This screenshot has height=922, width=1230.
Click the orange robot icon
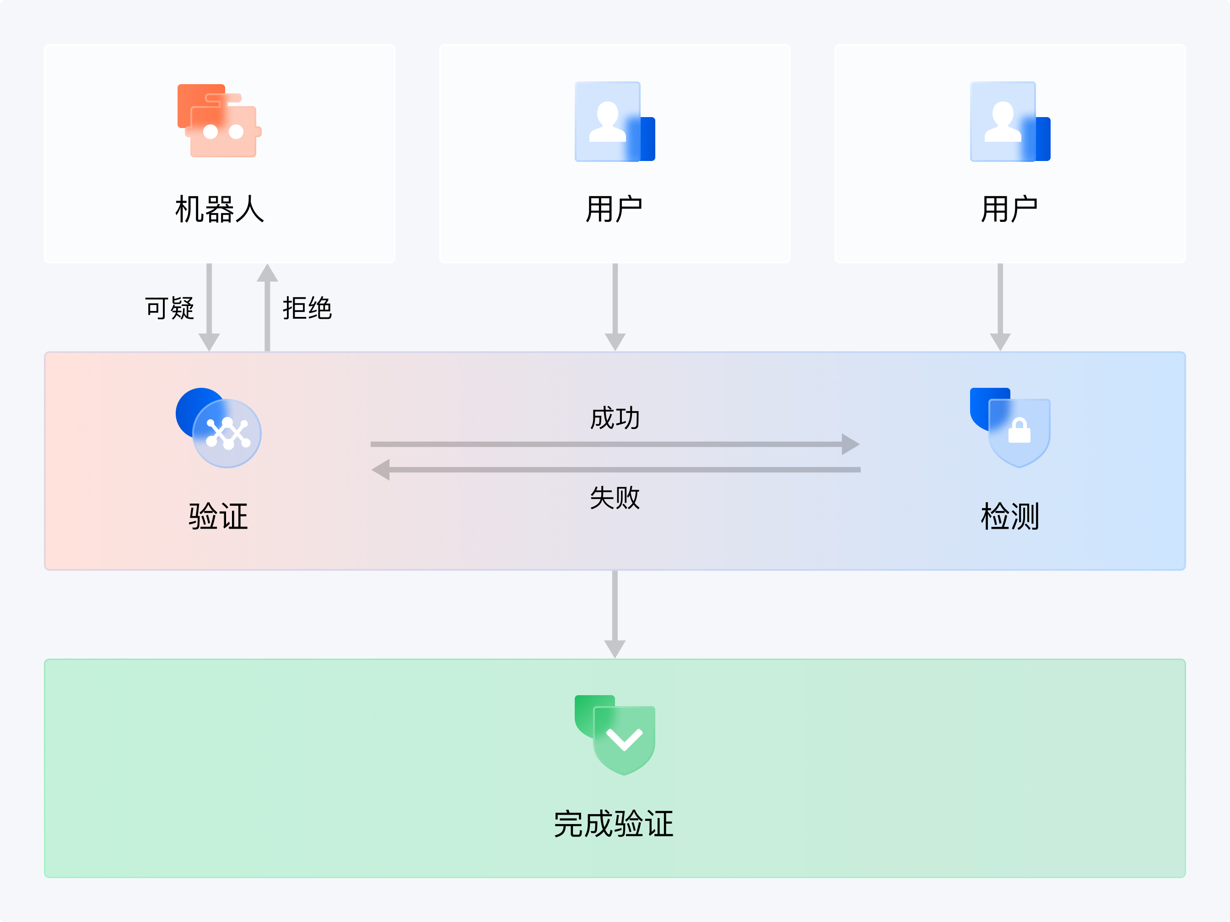tap(219, 121)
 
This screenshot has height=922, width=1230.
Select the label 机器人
tap(219, 209)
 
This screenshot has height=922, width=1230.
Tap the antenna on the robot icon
tap(223, 99)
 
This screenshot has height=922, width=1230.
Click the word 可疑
tap(170, 308)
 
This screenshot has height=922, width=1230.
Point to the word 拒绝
tap(307, 308)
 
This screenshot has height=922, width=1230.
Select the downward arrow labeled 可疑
tap(209, 307)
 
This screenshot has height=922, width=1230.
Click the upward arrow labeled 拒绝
tap(268, 307)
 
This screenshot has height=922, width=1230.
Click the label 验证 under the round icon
tap(219, 516)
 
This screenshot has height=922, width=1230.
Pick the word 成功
tap(615, 418)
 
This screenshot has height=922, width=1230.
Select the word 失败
tap(615, 498)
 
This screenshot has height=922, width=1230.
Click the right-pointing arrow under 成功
tap(615, 444)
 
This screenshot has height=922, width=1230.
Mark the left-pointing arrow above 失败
tap(615, 470)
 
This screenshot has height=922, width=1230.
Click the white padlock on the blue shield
tap(1019, 431)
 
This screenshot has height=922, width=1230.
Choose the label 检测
tap(1010, 516)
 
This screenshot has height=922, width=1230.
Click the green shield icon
tap(615, 734)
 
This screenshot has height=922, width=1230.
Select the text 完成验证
tap(614, 824)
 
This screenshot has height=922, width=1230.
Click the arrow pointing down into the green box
tap(615, 614)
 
